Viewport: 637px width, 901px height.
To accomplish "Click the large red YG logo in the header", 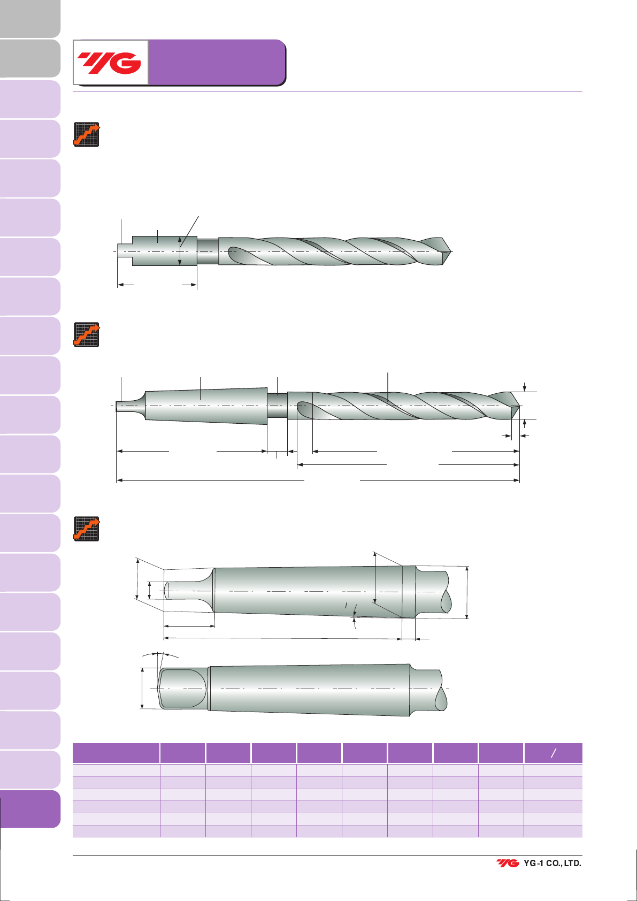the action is click(109, 63).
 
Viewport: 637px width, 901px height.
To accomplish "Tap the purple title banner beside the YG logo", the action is click(217, 62).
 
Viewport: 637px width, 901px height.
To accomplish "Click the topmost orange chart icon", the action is click(87, 134).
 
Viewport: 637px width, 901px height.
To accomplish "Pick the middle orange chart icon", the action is click(87, 334).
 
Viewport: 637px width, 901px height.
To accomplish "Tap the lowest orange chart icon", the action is click(87, 529).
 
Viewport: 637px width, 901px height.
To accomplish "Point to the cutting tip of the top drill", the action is click(451, 252).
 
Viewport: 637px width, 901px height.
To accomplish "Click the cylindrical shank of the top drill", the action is click(165, 251).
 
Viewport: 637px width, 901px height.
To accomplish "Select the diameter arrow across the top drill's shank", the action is click(180, 251).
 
